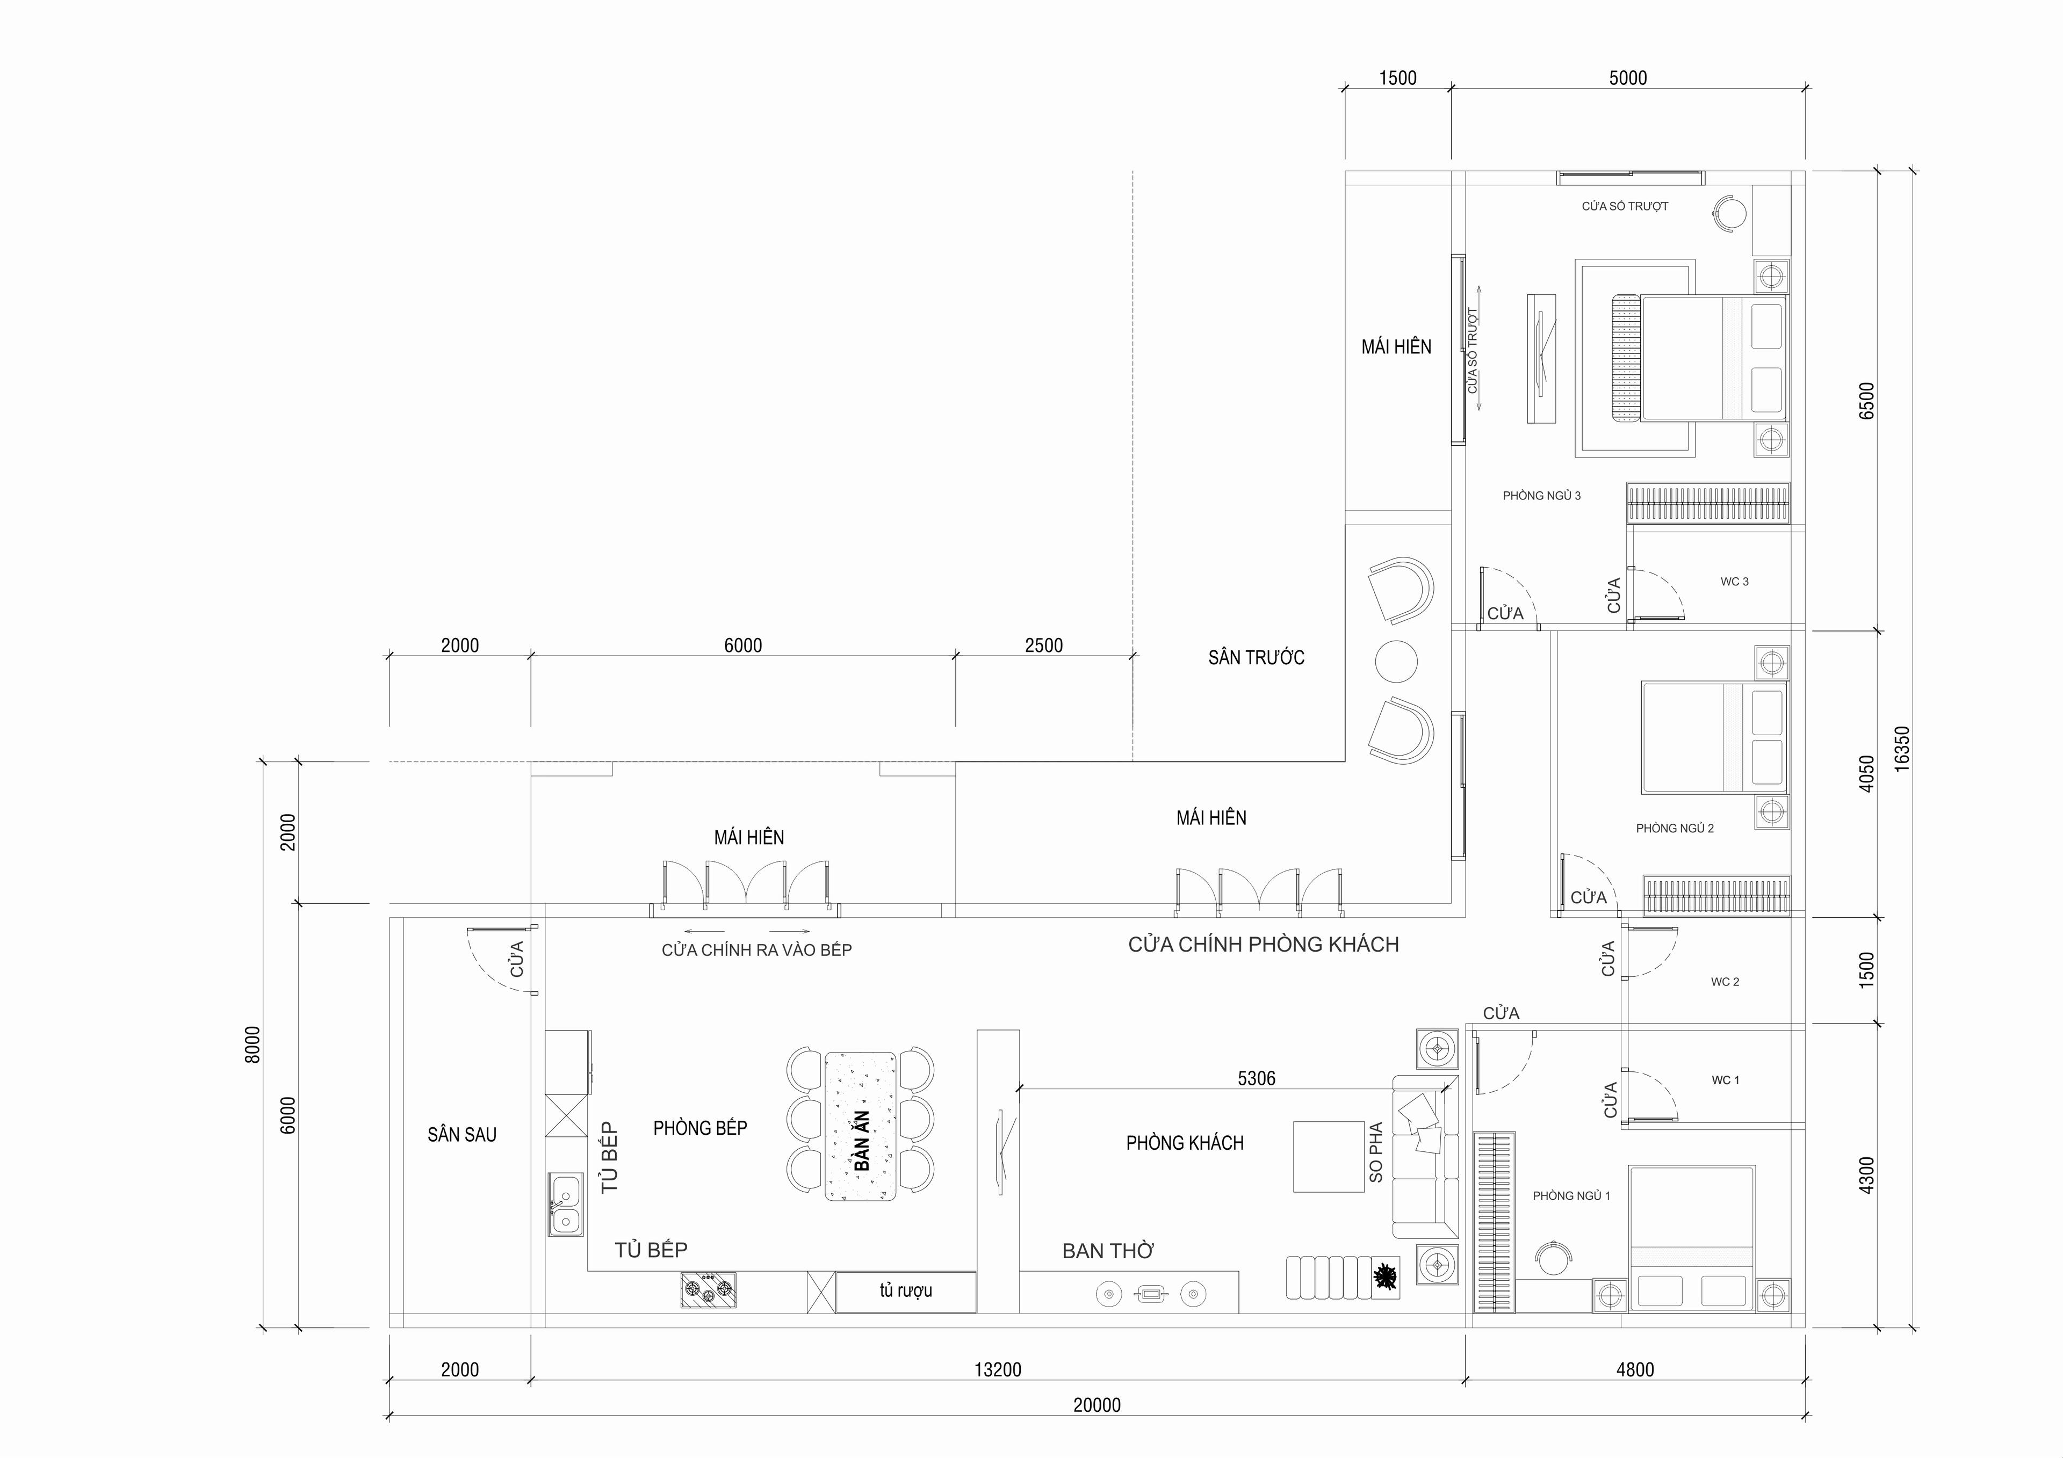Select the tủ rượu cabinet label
click(906, 1291)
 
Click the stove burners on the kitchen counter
click(708, 1290)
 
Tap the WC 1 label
click(1725, 1080)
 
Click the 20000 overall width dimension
click(1097, 1405)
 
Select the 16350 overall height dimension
click(1901, 748)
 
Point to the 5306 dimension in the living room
click(1256, 1078)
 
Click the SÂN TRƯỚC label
click(1256, 658)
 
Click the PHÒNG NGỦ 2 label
click(1675, 828)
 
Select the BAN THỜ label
click(1108, 1251)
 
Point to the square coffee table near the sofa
click(1330, 1156)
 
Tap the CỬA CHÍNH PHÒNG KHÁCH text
click(1263, 944)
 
